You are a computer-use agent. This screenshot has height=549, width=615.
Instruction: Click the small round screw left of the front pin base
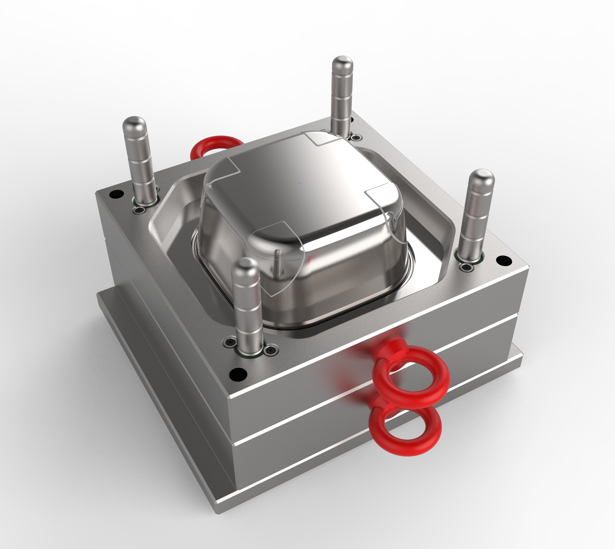(229, 342)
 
